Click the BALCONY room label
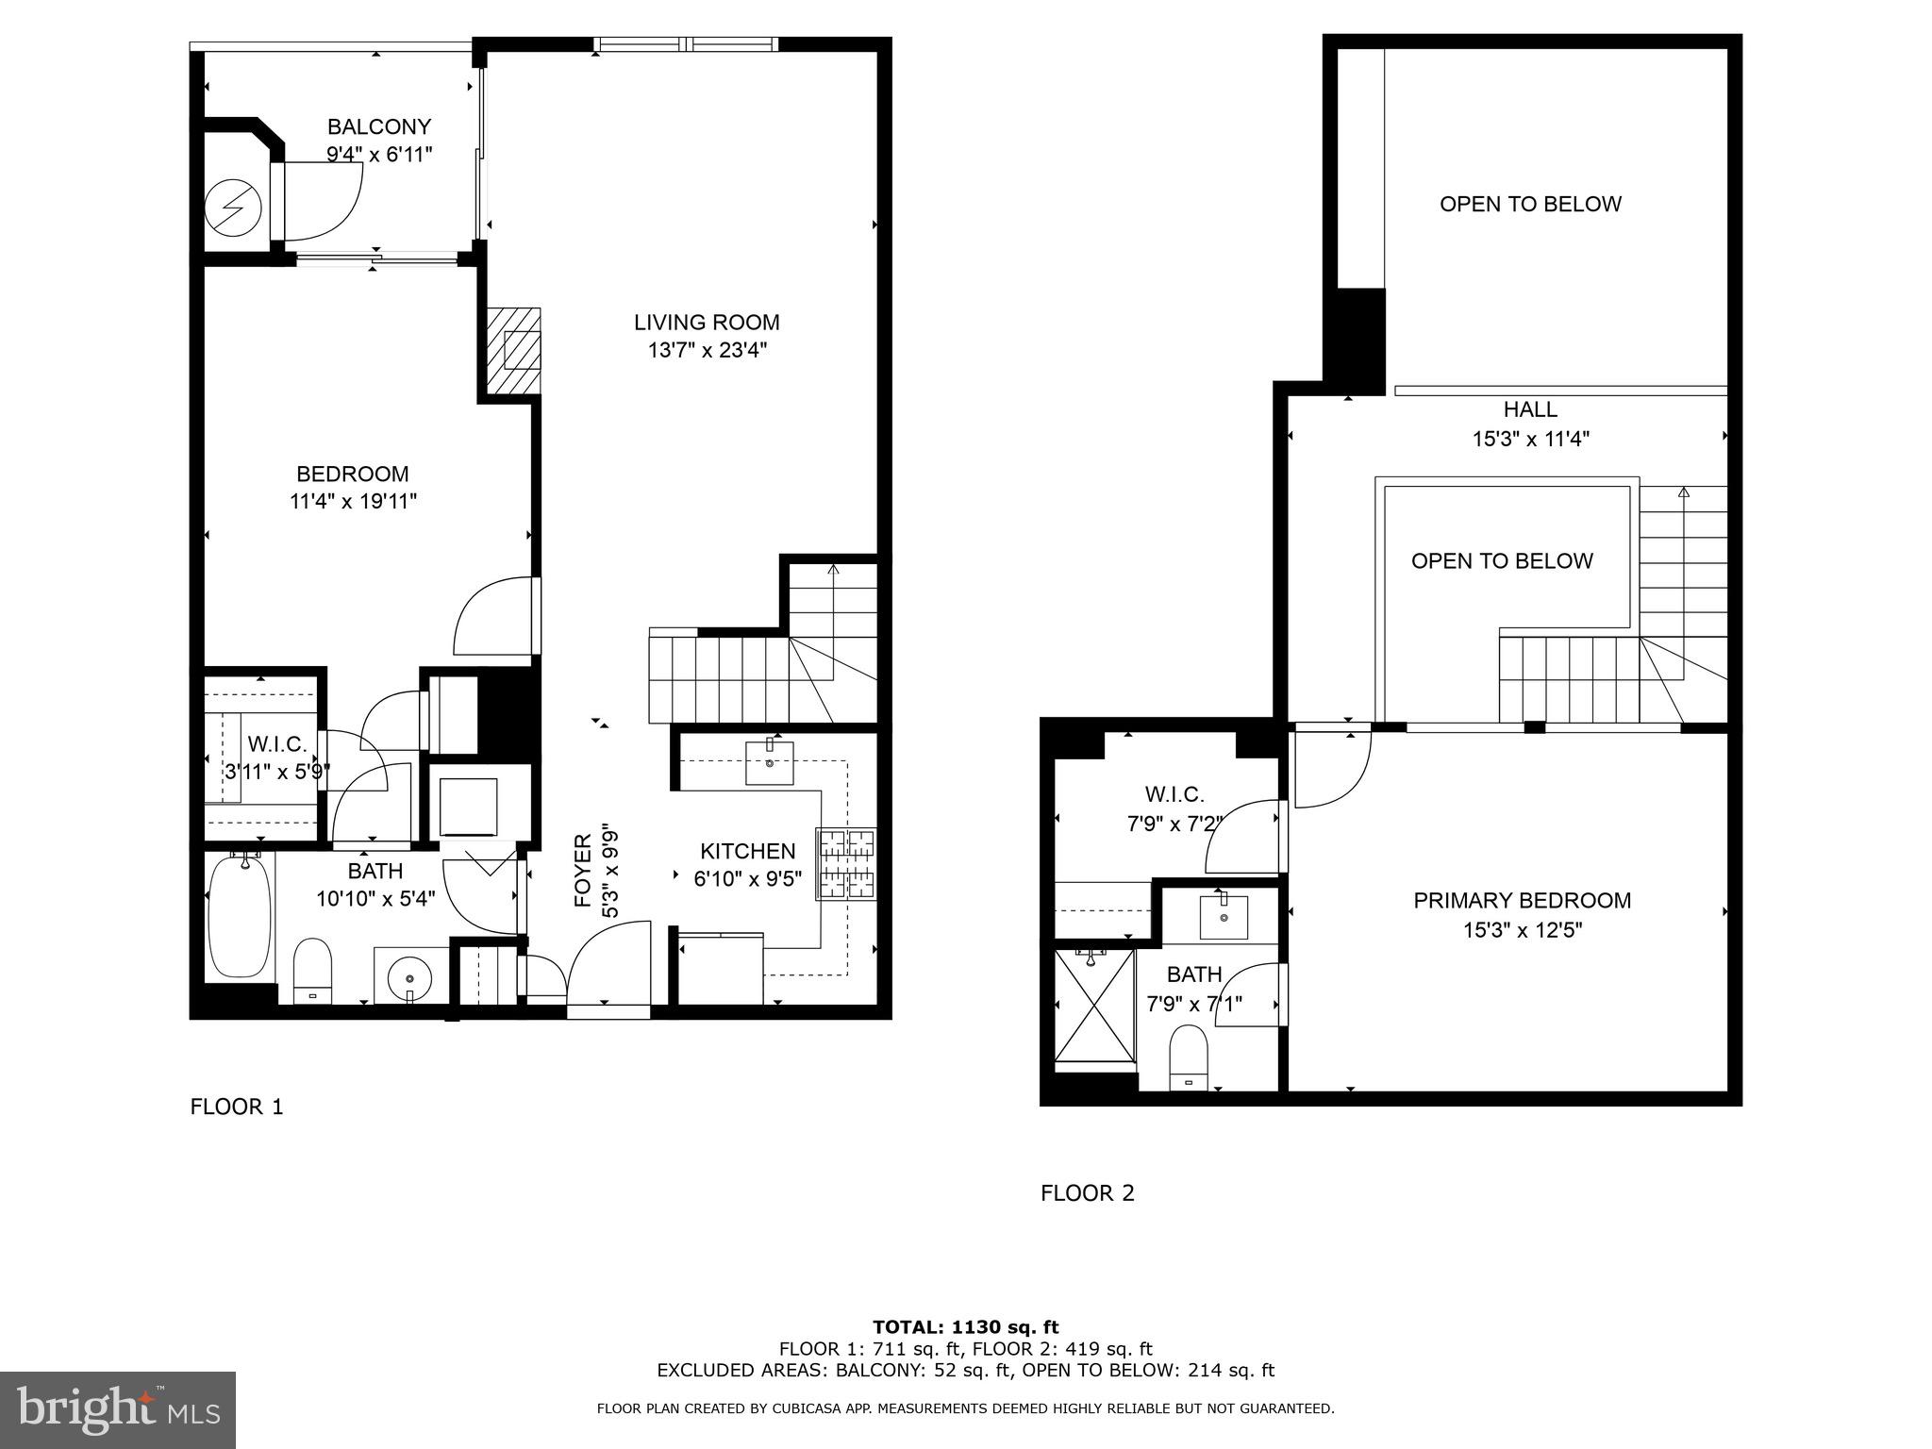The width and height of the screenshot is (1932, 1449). coord(379,126)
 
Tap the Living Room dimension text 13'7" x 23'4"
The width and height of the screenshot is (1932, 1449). coord(707,351)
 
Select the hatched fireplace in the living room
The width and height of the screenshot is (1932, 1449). coord(514,351)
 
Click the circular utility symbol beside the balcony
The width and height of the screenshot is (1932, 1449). coord(236,207)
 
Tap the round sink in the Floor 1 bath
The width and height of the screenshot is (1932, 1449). coord(409,974)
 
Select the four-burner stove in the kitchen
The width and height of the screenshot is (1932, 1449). coord(846,864)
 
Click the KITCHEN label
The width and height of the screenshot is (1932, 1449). coord(747,851)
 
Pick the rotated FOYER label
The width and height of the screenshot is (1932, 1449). coord(583,870)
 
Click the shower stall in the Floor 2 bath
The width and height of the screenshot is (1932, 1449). coord(1094,1007)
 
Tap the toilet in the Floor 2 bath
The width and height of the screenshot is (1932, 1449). coord(1189,1057)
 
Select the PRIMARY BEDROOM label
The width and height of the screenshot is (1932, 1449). coord(1522,900)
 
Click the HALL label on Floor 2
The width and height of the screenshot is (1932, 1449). coord(1530,409)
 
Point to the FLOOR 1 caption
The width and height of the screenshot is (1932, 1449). coord(237,1107)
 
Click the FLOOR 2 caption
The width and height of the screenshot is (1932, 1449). coord(1087,1193)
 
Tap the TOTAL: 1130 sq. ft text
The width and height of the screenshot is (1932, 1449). coord(965,1327)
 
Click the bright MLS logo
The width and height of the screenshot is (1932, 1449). coord(118,1409)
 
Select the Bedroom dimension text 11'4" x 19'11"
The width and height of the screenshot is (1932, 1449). coord(353,502)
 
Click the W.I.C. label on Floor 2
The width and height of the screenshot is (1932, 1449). coord(1174,794)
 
